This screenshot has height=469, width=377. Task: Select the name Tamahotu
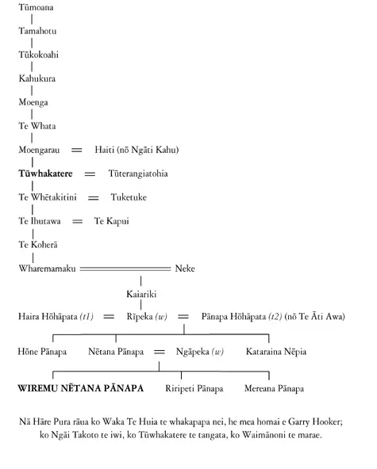coord(37,30)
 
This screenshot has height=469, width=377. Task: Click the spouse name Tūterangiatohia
coord(138,173)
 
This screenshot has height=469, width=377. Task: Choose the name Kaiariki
coord(141,292)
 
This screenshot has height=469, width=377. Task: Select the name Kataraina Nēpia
coord(276,350)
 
